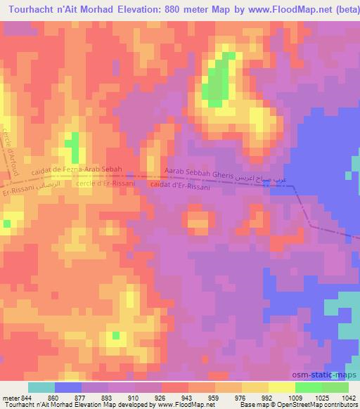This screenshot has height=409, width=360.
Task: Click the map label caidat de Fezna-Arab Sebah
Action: pyautogui.click(x=77, y=171)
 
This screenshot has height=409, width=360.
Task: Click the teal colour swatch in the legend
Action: pyautogui.click(x=41, y=387)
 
